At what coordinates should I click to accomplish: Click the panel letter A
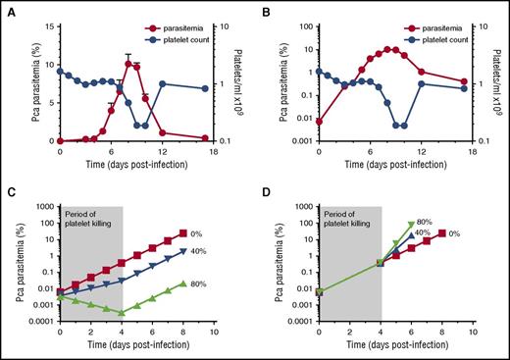10,9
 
